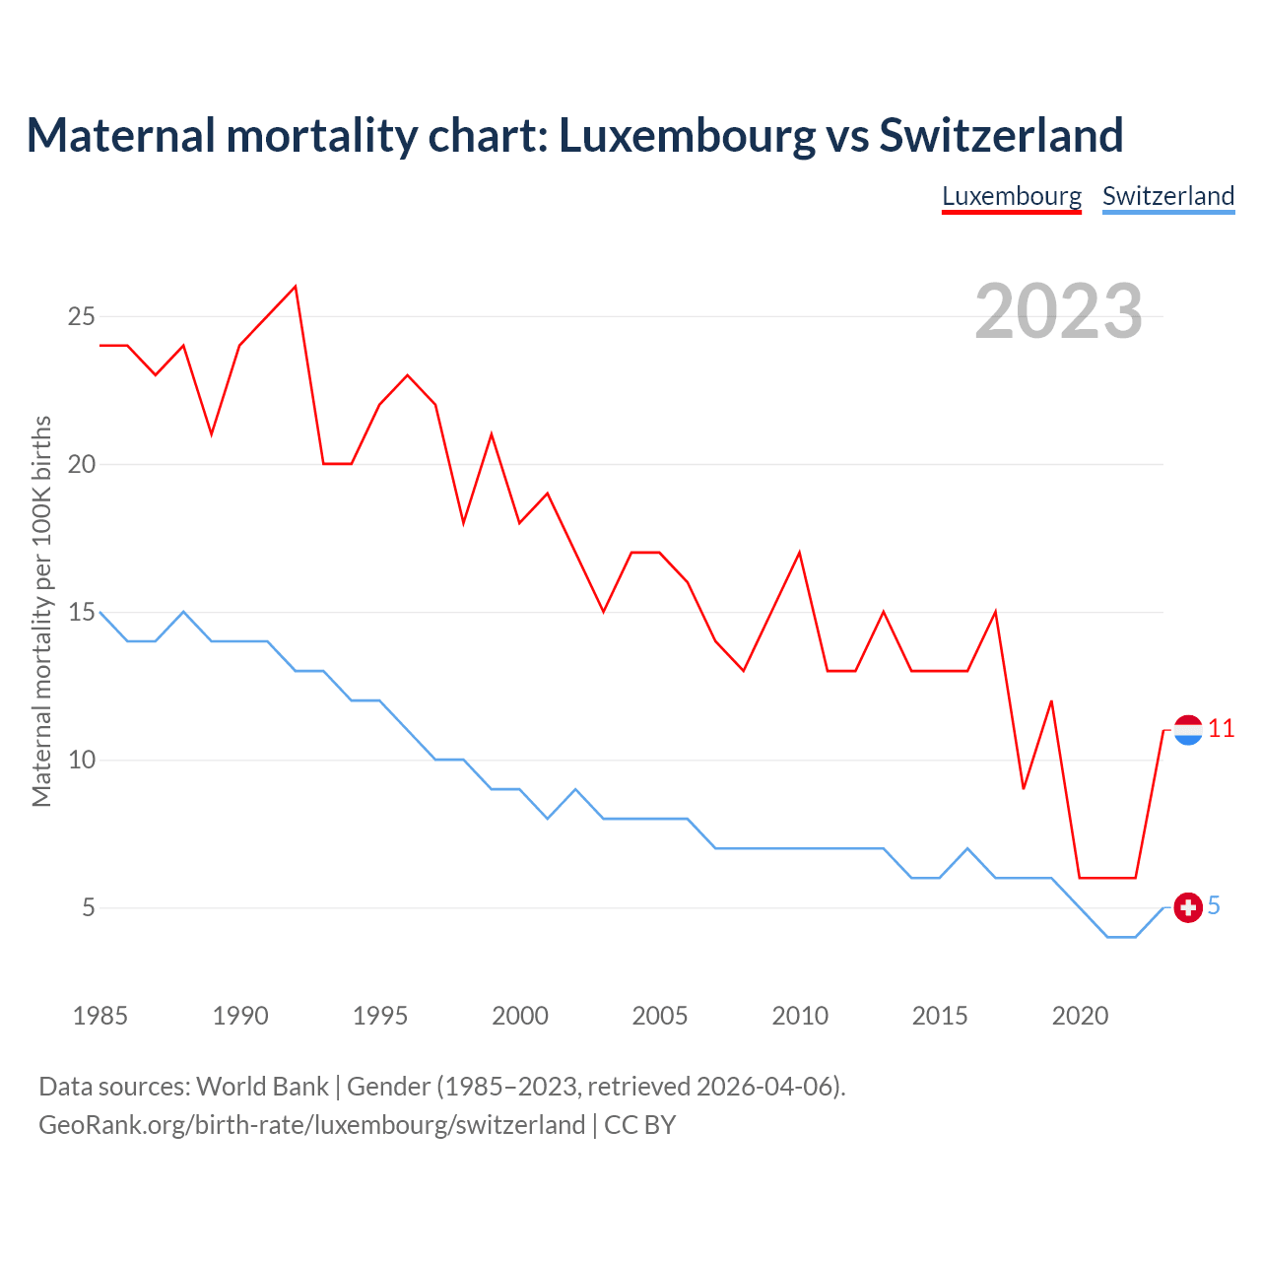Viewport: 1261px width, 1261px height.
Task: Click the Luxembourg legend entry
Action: [x=1012, y=196]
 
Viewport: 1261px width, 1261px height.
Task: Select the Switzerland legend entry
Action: [x=1168, y=196]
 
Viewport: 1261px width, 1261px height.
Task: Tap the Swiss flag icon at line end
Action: [x=1188, y=907]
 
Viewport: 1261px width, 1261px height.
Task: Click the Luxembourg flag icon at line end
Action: [x=1188, y=730]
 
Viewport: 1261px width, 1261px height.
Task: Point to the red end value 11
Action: [x=1222, y=729]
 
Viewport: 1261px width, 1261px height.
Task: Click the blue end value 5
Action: [x=1214, y=906]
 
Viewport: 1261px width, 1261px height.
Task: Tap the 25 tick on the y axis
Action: [x=81, y=317]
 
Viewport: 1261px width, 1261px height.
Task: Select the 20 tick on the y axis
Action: [x=81, y=465]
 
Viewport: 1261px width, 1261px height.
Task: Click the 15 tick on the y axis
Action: [x=81, y=613]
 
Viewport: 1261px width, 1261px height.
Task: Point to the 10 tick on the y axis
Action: [x=81, y=761]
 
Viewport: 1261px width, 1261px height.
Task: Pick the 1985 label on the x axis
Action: [x=100, y=1016]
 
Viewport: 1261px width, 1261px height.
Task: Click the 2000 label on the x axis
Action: [x=520, y=1016]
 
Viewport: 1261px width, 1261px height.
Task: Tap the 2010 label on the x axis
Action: [x=800, y=1016]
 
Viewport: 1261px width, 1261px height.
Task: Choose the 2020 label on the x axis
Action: [x=1080, y=1016]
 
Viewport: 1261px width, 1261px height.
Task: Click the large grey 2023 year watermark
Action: [x=1059, y=311]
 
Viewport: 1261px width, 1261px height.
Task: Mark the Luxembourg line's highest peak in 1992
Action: [x=296, y=287]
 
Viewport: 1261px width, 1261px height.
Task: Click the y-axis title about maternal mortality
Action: [x=41, y=611]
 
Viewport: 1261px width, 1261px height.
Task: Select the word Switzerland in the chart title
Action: [x=1001, y=135]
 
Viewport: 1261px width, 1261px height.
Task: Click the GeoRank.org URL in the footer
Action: [x=312, y=1125]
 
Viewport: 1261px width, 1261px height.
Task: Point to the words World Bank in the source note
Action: [x=262, y=1087]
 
